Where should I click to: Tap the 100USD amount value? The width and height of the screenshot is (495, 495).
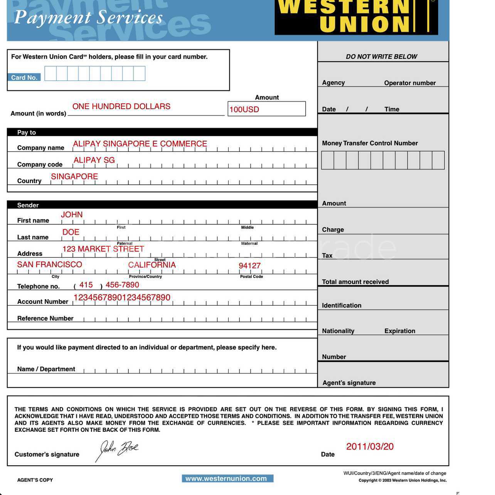(244, 109)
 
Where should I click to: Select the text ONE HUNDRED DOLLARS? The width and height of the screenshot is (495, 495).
(121, 106)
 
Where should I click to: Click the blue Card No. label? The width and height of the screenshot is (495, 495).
(24, 77)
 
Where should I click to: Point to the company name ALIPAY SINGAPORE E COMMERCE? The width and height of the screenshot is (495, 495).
(140, 144)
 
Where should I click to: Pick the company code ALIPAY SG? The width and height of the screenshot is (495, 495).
(94, 160)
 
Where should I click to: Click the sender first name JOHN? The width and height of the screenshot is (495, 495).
(72, 215)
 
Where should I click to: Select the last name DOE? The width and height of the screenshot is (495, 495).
(71, 232)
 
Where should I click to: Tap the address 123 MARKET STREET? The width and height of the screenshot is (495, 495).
(103, 249)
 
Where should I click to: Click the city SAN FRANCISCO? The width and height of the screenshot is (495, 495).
(50, 264)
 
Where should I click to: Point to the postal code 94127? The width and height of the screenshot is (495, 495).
(249, 266)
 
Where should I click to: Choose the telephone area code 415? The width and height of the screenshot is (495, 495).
(86, 285)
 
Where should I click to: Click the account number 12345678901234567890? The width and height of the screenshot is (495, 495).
(122, 298)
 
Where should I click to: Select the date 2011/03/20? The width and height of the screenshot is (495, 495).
(370, 446)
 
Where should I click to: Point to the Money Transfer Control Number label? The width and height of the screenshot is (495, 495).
(370, 143)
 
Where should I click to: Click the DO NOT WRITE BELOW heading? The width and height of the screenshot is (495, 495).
(381, 57)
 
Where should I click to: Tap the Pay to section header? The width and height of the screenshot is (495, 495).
(27, 132)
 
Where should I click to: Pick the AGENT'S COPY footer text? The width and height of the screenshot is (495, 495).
(35, 480)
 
